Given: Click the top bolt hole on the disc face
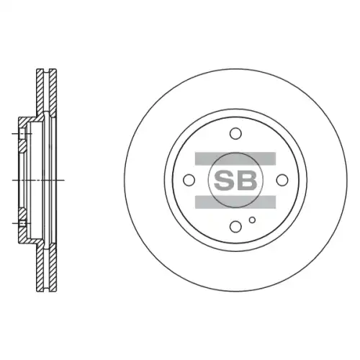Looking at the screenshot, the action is (x=235, y=133).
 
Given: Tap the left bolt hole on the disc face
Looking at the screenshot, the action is (x=189, y=180).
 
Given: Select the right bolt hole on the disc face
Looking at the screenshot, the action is (x=282, y=180).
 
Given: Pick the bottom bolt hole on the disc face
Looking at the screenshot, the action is (x=235, y=227).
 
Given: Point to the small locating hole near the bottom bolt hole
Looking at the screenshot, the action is (x=252, y=220).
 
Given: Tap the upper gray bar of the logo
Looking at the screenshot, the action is (x=235, y=158).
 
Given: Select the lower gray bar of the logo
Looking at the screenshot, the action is (x=235, y=202).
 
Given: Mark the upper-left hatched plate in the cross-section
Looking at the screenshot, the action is (x=40, y=91).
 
